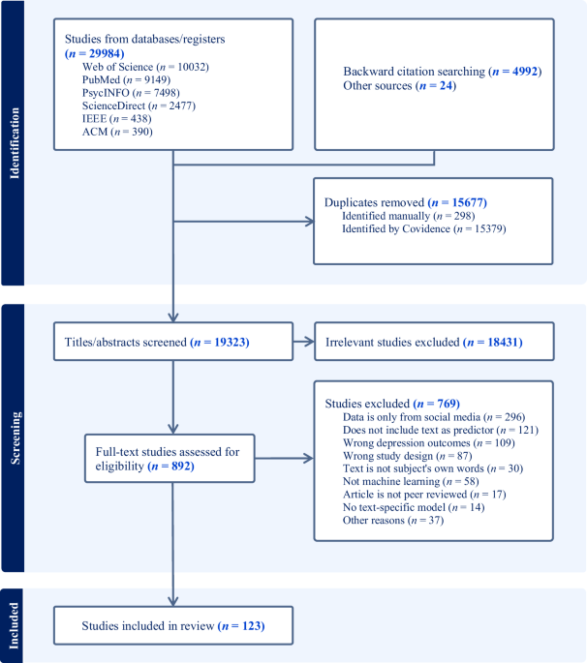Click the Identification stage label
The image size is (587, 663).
click(15, 143)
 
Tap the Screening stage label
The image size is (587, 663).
click(15, 438)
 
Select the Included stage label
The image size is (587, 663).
click(15, 626)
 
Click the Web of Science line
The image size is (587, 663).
click(145, 67)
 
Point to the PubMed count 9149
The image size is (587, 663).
click(157, 80)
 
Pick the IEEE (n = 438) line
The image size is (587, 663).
click(116, 119)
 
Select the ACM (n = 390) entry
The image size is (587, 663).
click(117, 132)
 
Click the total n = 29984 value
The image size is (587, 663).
click(94, 53)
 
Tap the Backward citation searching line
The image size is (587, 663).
click(443, 71)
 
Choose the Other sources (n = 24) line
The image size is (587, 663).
click(399, 85)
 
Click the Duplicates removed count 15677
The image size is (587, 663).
click(470, 202)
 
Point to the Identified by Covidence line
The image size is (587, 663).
click(424, 228)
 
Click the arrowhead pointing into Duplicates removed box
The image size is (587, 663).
click(310, 221)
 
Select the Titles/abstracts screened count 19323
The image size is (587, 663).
click(232, 342)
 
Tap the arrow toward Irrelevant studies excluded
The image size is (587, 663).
click(303, 342)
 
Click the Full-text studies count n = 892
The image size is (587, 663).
click(171, 467)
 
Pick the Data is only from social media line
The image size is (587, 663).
click(434, 417)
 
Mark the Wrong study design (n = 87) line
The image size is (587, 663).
click(407, 456)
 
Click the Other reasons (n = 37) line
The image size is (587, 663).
click(393, 520)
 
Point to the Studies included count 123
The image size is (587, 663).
click(253, 626)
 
